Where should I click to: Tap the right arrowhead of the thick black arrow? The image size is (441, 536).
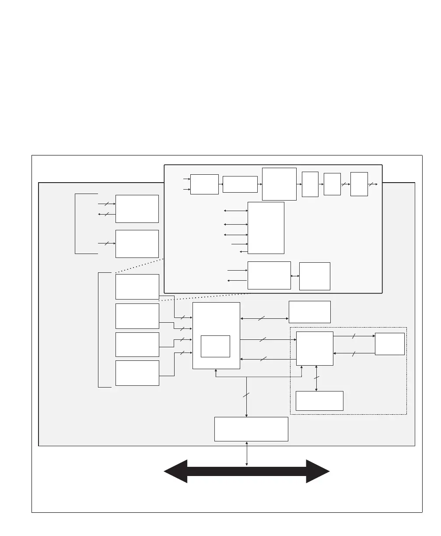pos(318,471)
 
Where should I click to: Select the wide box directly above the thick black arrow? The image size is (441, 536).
pos(251,429)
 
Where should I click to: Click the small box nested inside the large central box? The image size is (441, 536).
pos(215,346)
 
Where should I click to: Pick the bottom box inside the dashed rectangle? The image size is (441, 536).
pos(319,401)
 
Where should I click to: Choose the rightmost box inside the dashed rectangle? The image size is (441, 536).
pos(390,344)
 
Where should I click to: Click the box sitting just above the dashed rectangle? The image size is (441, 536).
pos(310,312)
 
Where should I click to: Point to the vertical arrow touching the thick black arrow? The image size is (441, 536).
pos(247,454)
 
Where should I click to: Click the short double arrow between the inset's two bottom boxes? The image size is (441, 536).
pos(295,276)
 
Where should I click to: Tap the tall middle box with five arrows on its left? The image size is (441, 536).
pos(266,228)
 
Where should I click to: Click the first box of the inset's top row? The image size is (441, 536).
pos(205,184)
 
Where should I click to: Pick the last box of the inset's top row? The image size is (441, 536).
pos(359,184)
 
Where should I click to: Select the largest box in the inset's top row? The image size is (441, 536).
pos(279,184)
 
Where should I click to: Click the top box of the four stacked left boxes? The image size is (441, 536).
pos(137,287)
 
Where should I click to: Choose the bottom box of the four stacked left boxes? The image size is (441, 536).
pos(137,373)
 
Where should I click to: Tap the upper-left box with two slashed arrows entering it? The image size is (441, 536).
pos(137,209)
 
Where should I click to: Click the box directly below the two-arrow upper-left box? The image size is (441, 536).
pos(137,244)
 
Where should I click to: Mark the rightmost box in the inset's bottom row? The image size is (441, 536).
pos(315,276)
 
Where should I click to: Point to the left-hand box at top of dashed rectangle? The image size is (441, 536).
pos(315,349)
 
